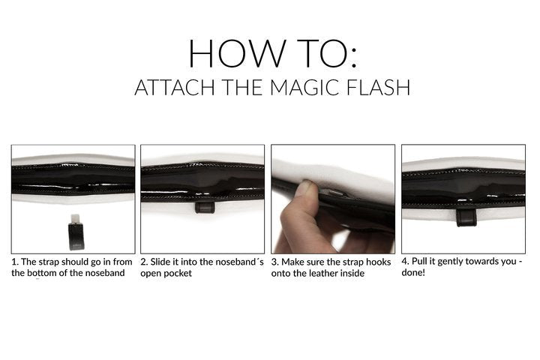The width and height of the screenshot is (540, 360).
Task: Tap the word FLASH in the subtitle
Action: pyautogui.click(x=378, y=87)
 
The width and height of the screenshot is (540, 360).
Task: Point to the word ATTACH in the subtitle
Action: pyautogui.click(x=175, y=87)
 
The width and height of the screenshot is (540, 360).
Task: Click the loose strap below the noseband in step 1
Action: pyautogui.click(x=76, y=232)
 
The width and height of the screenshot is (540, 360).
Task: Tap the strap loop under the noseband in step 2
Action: pyautogui.click(x=205, y=207)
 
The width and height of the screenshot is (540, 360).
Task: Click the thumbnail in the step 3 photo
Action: pyautogui.click(x=306, y=185)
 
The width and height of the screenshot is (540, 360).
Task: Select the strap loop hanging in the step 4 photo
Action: pyautogui.click(x=466, y=217)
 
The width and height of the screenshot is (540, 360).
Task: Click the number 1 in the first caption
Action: pyautogui.click(x=13, y=262)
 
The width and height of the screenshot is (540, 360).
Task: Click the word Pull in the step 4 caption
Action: pyautogui.click(x=419, y=261)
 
